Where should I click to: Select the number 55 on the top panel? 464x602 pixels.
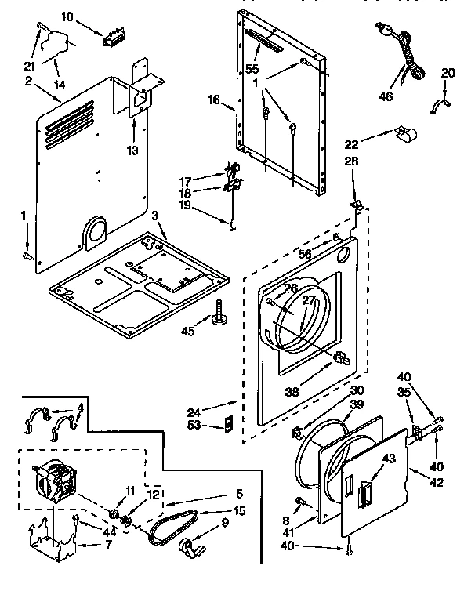pos(252,69)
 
